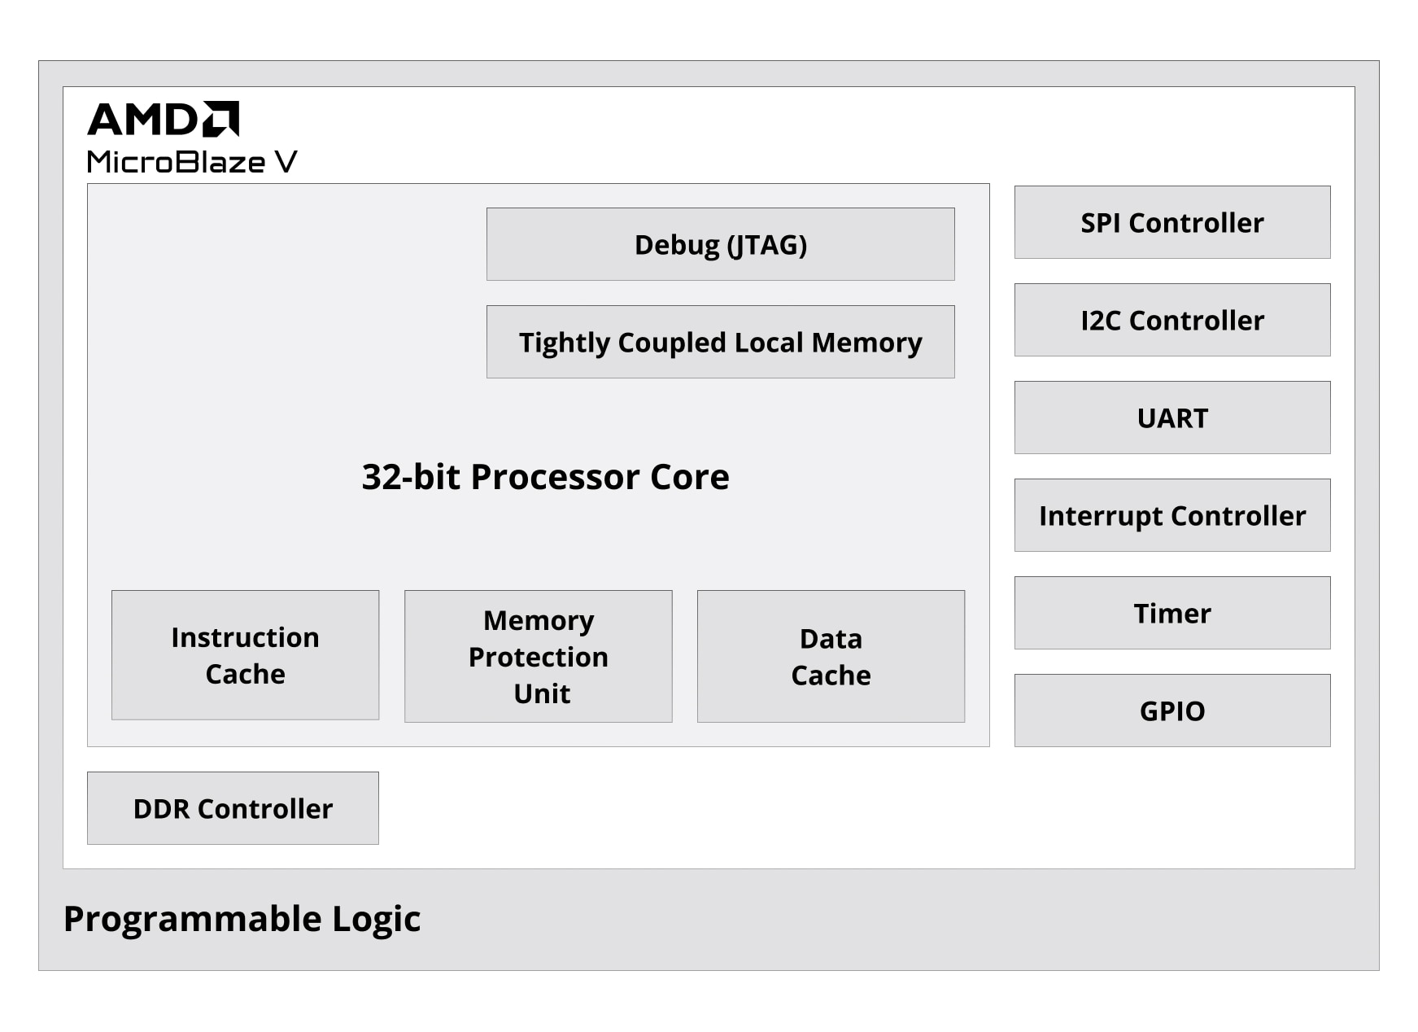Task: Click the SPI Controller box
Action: [1172, 222]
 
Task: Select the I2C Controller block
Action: [1172, 320]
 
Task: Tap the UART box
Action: [1172, 418]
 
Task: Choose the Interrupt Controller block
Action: [1172, 515]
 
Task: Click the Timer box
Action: [1172, 613]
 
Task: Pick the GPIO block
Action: [1172, 711]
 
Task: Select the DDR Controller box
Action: [233, 808]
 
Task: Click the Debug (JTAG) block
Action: [721, 244]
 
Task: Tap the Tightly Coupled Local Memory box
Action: [721, 342]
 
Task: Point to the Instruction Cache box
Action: [245, 655]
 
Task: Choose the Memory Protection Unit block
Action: [539, 656]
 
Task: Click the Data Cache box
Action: [831, 656]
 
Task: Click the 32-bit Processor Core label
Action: [545, 477]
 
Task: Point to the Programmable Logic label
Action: [242, 919]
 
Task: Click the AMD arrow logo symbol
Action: [220, 119]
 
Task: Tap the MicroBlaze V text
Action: [192, 162]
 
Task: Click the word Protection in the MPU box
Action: [539, 657]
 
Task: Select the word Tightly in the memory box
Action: [565, 343]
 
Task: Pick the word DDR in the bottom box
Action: [161, 809]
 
